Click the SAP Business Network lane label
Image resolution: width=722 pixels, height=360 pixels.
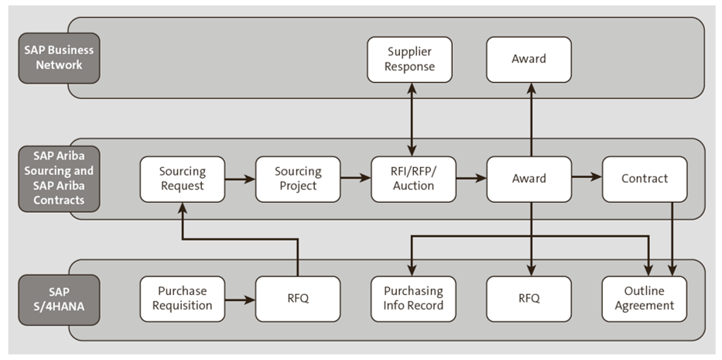(59, 58)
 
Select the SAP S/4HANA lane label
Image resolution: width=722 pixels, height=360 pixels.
(59, 299)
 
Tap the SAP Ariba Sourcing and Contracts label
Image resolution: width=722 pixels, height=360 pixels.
(59, 178)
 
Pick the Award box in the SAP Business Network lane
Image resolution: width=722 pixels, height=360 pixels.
(529, 59)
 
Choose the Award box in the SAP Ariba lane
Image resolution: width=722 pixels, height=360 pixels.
(529, 179)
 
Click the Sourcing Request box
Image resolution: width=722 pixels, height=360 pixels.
(182, 179)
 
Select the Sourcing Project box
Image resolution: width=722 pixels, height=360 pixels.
(297, 179)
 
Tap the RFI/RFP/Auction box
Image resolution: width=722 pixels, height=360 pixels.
(412, 179)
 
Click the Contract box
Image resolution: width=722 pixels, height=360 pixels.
(644, 179)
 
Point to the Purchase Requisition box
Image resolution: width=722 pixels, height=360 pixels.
(182, 299)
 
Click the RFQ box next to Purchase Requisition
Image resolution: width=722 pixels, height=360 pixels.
(297, 299)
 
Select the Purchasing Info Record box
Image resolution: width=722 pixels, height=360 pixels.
(412, 299)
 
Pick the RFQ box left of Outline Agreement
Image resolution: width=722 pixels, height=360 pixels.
(529, 299)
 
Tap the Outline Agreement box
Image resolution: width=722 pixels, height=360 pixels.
(644, 299)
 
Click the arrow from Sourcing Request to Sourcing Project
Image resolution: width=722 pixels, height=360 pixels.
(240, 179)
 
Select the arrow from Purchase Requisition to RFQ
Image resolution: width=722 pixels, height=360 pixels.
(240, 299)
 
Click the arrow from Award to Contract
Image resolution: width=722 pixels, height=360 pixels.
(587, 177)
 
